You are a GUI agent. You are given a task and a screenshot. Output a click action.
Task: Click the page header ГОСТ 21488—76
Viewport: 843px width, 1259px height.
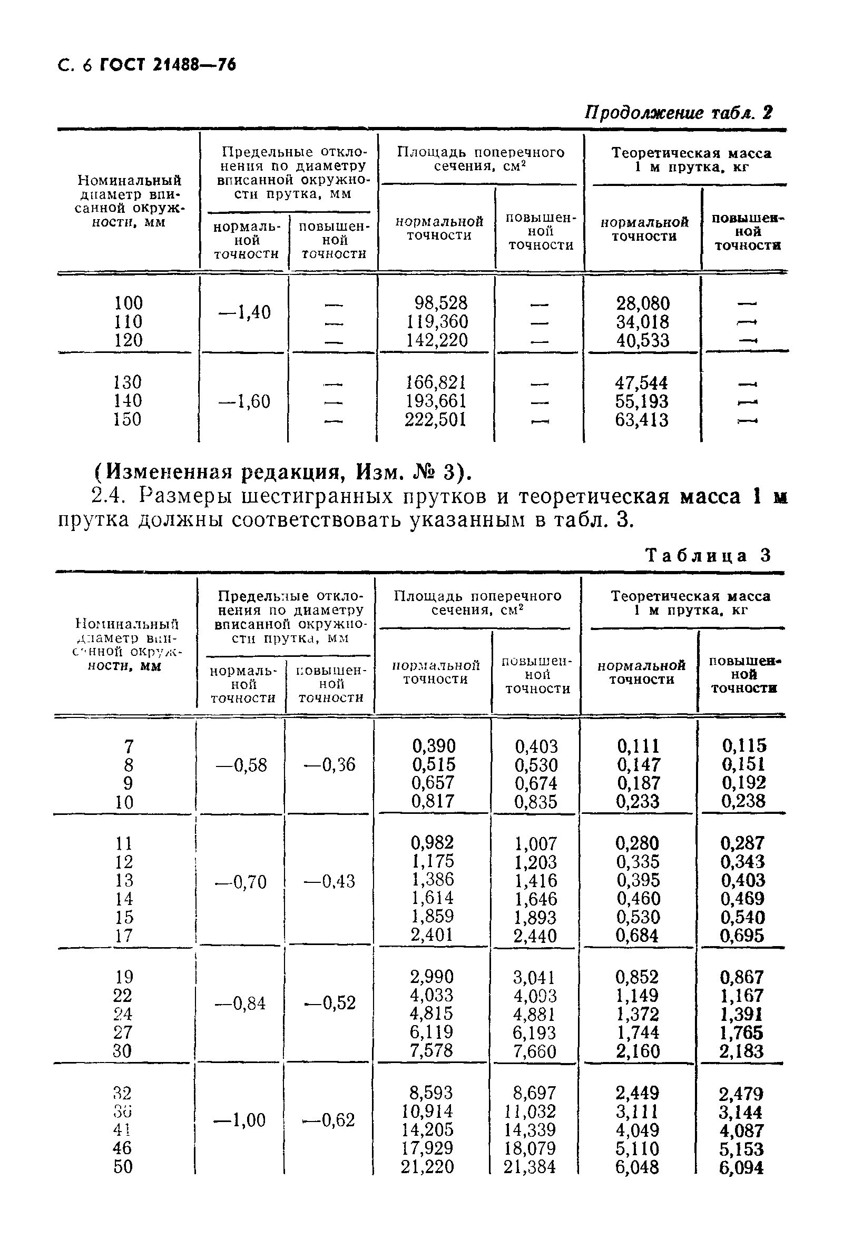point(168,65)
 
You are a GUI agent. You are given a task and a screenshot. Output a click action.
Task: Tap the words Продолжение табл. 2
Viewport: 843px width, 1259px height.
point(679,113)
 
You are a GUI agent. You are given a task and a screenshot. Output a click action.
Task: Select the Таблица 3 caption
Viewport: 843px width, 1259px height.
point(708,555)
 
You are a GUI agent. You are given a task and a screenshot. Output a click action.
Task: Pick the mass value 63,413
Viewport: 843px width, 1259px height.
point(642,420)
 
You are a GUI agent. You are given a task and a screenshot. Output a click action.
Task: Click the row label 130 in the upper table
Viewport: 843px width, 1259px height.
point(128,382)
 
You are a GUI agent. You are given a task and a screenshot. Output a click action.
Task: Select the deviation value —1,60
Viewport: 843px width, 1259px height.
point(244,401)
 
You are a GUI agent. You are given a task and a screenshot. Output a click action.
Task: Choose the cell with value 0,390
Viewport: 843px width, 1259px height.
point(433,745)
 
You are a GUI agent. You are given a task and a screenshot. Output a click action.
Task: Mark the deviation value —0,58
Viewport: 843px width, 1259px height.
point(241,764)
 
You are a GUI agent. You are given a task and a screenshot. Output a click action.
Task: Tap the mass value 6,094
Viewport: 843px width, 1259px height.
point(741,1168)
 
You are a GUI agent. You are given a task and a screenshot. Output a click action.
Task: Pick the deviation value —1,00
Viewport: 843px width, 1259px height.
point(240,1120)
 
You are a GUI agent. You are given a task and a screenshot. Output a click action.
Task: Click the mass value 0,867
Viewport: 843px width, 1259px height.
point(741,977)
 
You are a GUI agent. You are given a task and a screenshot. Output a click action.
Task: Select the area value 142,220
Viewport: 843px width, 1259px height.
point(437,340)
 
